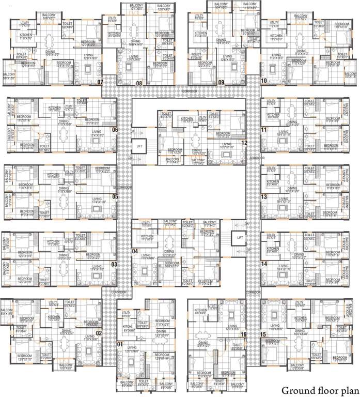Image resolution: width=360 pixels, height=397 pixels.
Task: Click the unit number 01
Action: pyautogui.click(x=120, y=344)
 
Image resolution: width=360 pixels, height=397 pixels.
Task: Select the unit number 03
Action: pyautogui.click(x=114, y=265)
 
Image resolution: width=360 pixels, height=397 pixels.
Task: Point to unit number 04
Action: pyautogui.click(x=135, y=251)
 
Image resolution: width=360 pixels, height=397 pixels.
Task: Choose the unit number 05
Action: pyautogui.click(x=115, y=196)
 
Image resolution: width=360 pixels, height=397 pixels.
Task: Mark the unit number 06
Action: pyautogui.click(x=115, y=130)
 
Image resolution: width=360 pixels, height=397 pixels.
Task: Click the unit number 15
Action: pyautogui.click(x=264, y=334)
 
